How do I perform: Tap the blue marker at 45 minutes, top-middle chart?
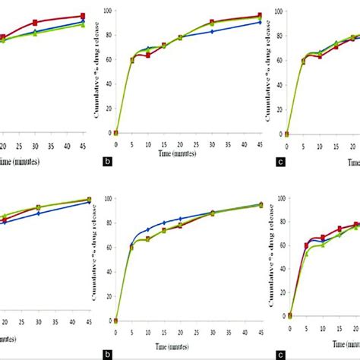pos(260,22)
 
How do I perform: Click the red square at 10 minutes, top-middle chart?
pos(148,55)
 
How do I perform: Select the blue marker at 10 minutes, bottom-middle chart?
pos(148,229)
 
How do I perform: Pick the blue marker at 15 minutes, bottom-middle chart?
pos(164,223)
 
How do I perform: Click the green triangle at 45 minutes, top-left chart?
pos(83,25)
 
